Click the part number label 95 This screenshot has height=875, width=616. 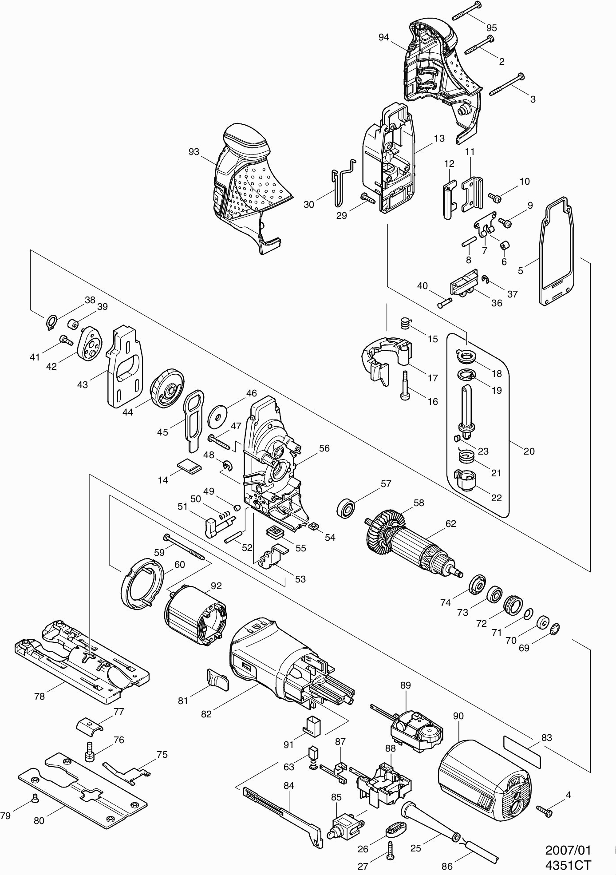pyautogui.click(x=491, y=28)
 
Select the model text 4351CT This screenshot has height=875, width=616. pyautogui.click(x=569, y=865)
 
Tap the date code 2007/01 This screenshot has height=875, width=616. pyautogui.click(x=568, y=850)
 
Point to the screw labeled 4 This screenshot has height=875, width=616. pyautogui.click(x=545, y=811)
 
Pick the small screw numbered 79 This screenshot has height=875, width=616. pyautogui.click(x=33, y=800)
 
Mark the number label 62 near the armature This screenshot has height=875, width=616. pyautogui.click(x=450, y=523)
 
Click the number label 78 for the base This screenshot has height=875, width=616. pyautogui.click(x=39, y=697)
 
